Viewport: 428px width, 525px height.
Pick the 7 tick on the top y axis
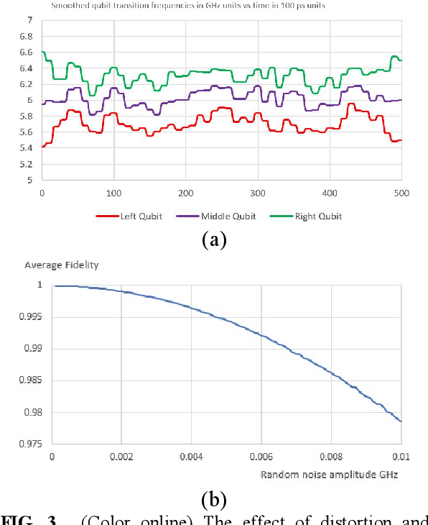tap(29, 20)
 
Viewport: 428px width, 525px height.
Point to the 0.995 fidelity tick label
tap(32, 317)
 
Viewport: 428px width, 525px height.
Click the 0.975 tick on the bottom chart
tap(32, 444)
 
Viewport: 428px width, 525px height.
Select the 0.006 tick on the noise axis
tap(261, 456)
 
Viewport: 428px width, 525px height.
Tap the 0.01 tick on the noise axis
tap(401, 456)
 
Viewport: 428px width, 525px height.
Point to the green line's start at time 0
tap(42, 52)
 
